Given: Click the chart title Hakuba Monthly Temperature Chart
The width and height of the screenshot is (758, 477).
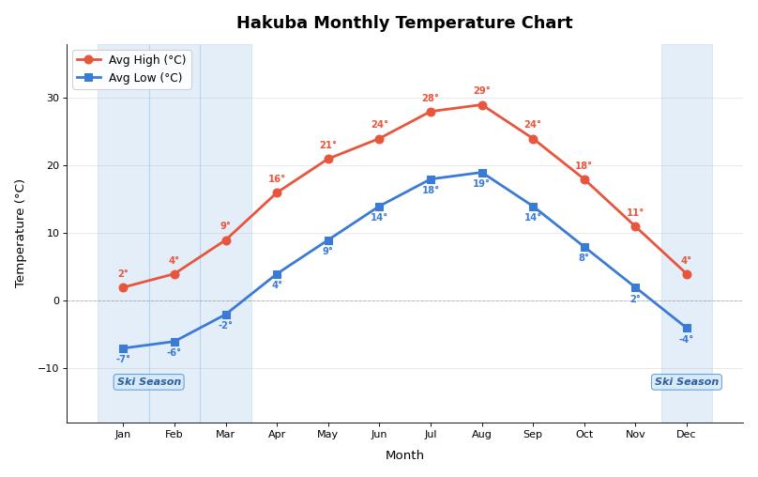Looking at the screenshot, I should coord(404,23).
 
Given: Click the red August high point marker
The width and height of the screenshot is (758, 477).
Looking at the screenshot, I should coord(482,105).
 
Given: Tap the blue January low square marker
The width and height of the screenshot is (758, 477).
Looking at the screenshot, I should coord(123,348).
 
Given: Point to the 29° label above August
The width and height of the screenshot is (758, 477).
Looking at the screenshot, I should coord(481,91).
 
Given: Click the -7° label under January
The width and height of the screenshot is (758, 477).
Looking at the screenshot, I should coord(123,360).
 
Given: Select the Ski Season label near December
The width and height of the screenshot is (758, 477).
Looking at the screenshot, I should coord(686,382).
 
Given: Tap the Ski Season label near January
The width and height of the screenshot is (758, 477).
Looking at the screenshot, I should coord(149,382).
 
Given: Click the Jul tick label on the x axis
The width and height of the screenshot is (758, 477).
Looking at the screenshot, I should coord(431,434).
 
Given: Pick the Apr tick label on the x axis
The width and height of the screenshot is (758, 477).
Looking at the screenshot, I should coord(277,434).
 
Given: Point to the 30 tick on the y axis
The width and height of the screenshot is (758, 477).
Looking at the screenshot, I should coord(53,98).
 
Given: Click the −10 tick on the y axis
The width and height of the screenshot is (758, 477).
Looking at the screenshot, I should coord(48,368).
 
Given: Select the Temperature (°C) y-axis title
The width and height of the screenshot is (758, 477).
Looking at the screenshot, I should coord(21,233).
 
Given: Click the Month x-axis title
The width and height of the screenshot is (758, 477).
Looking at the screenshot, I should coord(404,455).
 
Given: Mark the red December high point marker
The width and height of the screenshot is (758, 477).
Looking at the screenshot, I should coord(687,274).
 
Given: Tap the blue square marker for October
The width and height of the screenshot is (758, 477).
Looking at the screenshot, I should coord(584,248).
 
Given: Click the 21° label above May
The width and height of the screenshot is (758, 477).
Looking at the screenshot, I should coord(327,146).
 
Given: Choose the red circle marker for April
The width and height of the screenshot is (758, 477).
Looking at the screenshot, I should coord(277,192).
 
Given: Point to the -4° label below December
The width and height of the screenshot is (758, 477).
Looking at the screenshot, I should coord(686,340).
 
